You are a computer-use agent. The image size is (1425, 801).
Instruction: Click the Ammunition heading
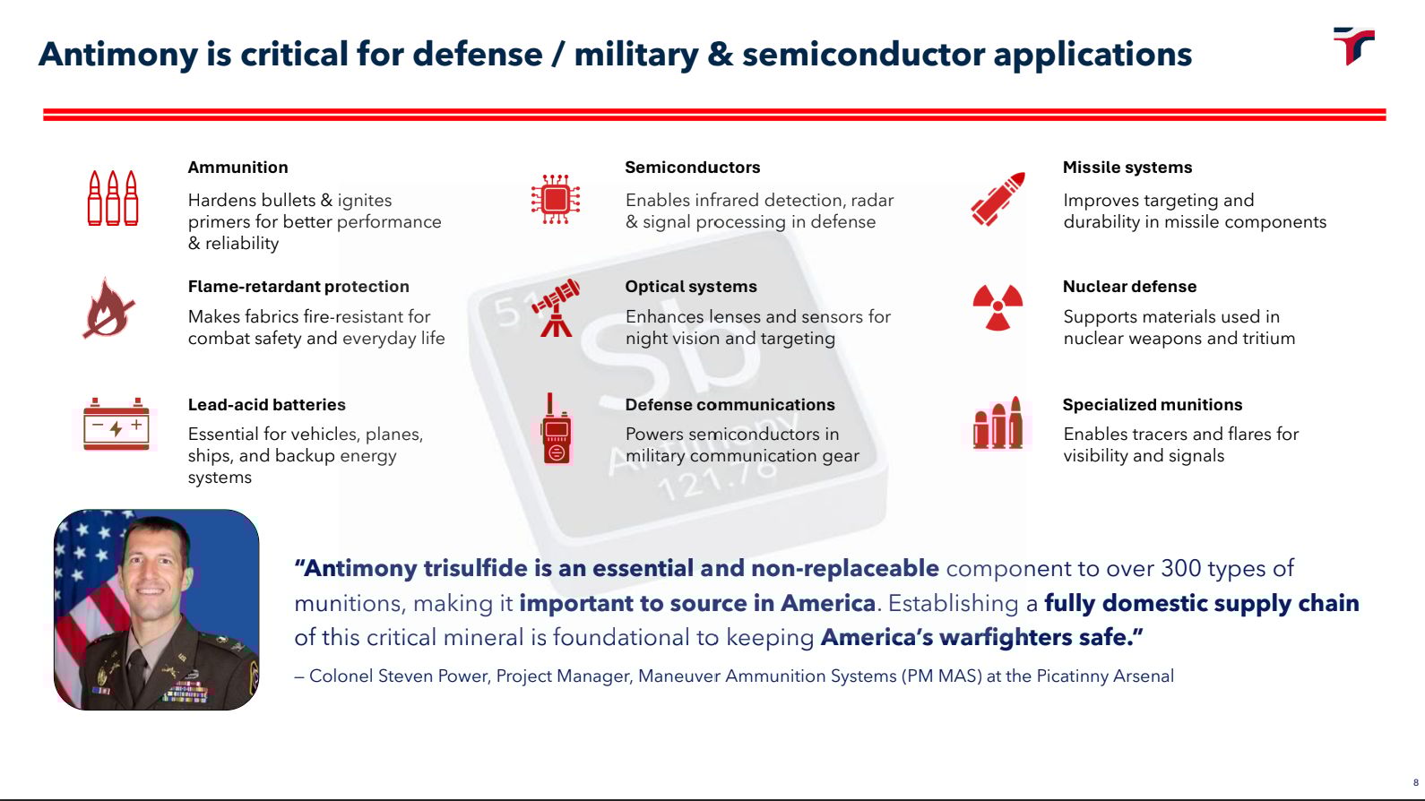coord(237,168)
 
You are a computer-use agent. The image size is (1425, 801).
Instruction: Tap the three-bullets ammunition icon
coord(113,198)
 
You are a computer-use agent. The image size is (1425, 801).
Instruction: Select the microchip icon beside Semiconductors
coord(556,199)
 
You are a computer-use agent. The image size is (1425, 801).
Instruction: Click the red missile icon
coord(997,199)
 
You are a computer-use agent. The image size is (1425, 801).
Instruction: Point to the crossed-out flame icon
coord(108,308)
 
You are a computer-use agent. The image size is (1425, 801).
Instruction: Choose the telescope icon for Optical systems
coord(556,308)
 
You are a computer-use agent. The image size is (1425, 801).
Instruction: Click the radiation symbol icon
coord(997,308)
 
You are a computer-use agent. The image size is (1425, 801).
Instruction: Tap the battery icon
coord(116,425)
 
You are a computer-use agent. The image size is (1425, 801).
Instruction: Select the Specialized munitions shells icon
coord(997,424)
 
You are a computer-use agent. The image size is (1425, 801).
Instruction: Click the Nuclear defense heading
coord(1129,287)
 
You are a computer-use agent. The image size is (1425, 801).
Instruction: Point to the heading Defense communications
coord(730,405)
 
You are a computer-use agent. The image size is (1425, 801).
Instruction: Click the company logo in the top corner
coord(1353,46)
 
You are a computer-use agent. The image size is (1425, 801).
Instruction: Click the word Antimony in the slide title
coord(117,55)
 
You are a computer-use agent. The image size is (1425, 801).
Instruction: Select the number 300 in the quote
coord(1180,568)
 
